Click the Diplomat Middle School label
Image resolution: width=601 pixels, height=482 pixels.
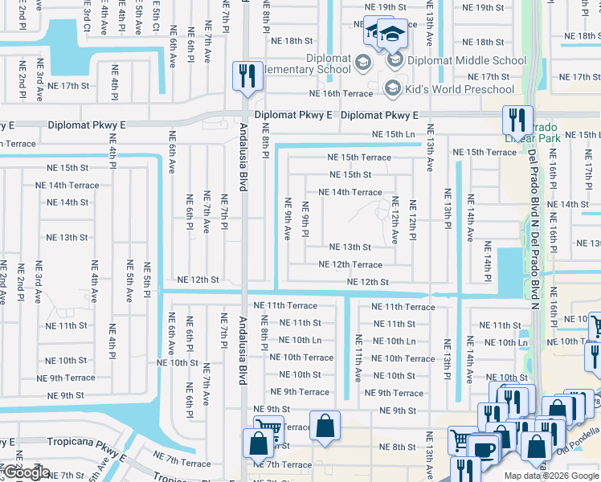click(466, 60)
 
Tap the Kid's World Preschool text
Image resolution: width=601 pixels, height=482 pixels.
click(460, 88)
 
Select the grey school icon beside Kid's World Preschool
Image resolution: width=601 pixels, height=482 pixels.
click(394, 88)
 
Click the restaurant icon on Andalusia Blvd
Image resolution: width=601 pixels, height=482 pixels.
click(245, 77)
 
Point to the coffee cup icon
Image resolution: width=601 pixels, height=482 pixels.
click(484, 448)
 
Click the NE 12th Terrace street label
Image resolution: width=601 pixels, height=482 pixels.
click(350, 264)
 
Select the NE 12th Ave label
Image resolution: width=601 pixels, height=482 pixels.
click(395, 220)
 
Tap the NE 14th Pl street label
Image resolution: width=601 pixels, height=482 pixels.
click(487, 259)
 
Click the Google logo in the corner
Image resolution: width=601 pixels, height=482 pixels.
click(26, 472)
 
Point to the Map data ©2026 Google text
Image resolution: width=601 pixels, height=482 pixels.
click(551, 476)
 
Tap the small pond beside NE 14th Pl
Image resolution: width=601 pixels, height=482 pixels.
click(509, 266)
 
